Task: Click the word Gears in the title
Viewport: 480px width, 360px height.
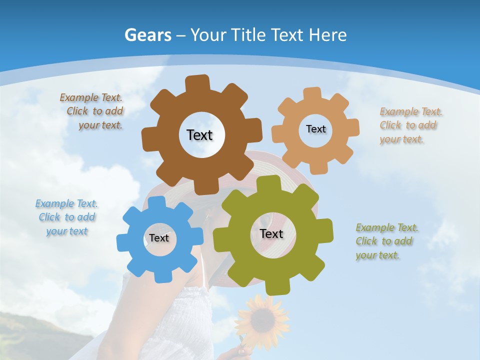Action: pyautogui.click(x=147, y=35)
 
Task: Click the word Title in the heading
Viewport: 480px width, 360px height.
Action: pyautogui.click(x=249, y=35)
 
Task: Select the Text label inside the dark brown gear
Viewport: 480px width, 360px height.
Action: pyautogui.click(x=200, y=135)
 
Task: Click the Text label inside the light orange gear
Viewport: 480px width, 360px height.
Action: pyautogui.click(x=315, y=129)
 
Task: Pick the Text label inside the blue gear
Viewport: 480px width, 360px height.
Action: pyautogui.click(x=159, y=238)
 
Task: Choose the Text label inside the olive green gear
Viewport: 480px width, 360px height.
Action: pyautogui.click(x=271, y=233)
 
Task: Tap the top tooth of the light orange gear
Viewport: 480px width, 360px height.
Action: pyautogui.click(x=312, y=93)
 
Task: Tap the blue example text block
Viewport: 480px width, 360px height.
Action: pyautogui.click(x=66, y=217)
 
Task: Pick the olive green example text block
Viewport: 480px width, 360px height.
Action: pyautogui.click(x=386, y=241)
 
